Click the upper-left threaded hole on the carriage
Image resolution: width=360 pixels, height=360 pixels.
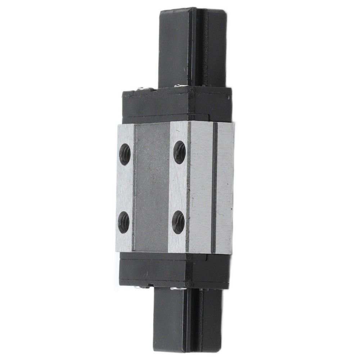point(125,154)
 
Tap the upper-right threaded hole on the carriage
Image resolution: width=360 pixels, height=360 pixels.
point(179,152)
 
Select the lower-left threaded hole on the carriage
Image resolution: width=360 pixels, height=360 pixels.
point(124,222)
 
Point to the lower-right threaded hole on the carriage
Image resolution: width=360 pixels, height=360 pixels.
point(178,222)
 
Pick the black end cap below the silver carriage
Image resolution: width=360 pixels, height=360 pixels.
point(175,270)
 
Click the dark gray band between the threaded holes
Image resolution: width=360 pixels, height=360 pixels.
point(151,187)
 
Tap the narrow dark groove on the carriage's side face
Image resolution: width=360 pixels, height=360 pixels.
point(214,187)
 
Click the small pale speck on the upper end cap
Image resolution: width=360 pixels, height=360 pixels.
point(227,97)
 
